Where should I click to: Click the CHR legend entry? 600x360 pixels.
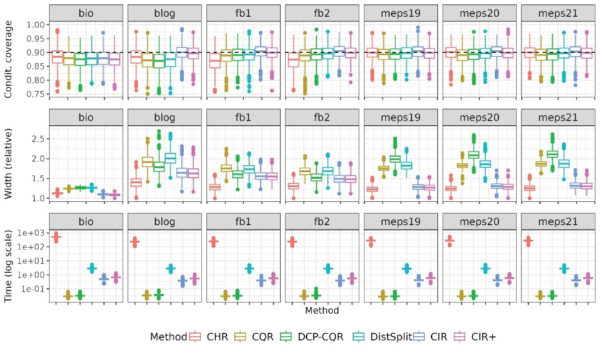(x=214, y=336)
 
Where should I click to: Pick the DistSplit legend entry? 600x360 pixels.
(x=385, y=336)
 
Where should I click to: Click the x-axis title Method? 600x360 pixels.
(x=323, y=310)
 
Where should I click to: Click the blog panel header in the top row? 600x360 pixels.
(x=165, y=14)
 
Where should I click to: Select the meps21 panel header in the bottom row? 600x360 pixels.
(x=558, y=221)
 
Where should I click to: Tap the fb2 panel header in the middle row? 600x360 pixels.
(x=322, y=117)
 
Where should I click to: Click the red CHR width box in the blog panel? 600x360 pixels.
(x=136, y=183)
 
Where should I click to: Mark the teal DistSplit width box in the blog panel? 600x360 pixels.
(x=170, y=158)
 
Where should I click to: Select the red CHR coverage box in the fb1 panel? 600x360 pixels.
(x=215, y=61)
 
